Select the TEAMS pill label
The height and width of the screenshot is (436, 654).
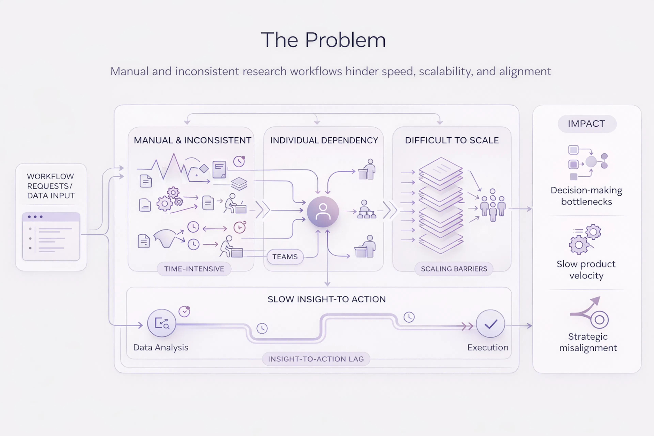click(x=285, y=257)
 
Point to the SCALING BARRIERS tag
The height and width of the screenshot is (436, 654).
click(x=454, y=269)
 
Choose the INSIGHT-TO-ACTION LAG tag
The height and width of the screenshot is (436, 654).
click(x=316, y=359)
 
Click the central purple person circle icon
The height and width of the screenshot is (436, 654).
click(x=323, y=212)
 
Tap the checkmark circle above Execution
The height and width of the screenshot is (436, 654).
click(x=490, y=324)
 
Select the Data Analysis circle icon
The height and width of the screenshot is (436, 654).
click(x=162, y=323)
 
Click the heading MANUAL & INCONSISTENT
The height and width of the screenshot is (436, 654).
click(x=192, y=140)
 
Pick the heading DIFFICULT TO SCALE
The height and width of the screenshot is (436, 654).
click(x=452, y=140)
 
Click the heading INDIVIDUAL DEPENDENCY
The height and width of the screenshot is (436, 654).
click(x=324, y=140)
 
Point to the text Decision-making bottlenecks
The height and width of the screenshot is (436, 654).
click(x=586, y=196)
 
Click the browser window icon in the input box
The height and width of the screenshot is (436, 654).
click(x=51, y=236)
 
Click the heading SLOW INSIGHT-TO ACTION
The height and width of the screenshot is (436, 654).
click(x=326, y=299)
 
